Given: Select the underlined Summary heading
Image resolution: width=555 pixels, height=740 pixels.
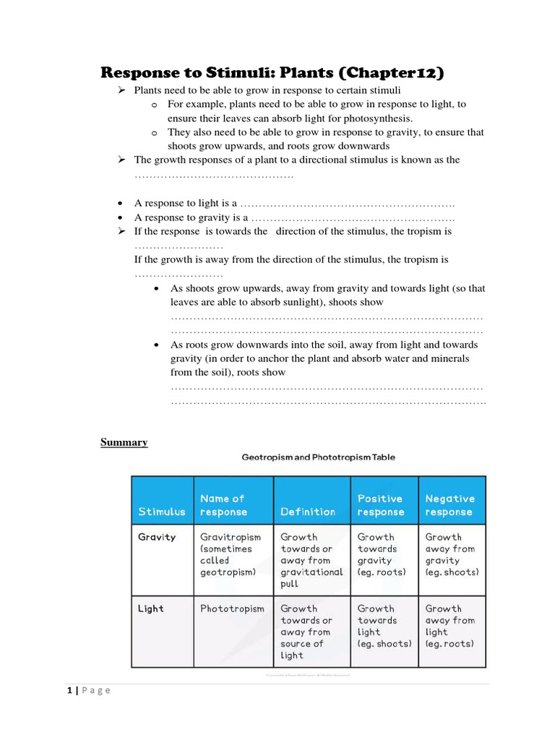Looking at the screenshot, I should [124, 442].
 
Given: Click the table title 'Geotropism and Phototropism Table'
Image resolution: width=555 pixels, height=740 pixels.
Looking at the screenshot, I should [318, 457].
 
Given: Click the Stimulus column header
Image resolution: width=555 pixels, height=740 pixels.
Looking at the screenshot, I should [162, 512].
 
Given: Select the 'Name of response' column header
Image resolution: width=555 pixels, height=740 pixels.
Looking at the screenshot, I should [223, 505].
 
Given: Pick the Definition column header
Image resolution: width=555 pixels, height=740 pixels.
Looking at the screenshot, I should [308, 512].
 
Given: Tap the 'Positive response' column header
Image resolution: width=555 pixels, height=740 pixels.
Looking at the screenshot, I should [381, 505].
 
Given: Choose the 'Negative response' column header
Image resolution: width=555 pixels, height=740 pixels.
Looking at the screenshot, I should [449, 505].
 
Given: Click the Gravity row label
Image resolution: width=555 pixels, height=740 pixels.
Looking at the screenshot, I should [157, 538].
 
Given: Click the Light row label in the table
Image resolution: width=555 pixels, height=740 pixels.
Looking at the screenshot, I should [151, 608].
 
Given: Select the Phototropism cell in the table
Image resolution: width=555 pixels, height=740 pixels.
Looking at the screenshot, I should [232, 608].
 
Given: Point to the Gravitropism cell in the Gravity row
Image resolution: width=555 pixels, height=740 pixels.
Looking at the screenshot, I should [231, 554].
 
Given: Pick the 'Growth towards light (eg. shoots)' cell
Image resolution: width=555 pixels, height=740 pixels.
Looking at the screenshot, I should [384, 626].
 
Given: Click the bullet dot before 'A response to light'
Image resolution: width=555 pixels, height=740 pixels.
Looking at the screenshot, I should [120, 203].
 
